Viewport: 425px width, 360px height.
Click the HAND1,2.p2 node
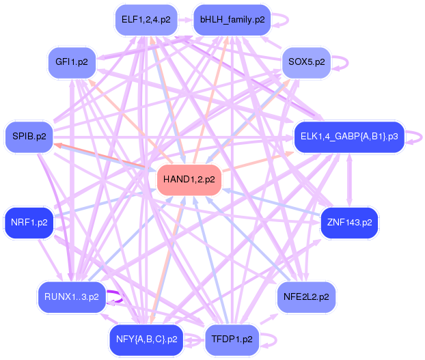click(x=189, y=180)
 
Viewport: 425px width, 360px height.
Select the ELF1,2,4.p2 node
click(x=146, y=20)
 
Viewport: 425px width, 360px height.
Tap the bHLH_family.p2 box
click(x=232, y=20)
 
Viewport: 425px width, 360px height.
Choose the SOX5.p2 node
click(x=305, y=62)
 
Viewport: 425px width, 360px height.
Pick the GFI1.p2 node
click(x=72, y=62)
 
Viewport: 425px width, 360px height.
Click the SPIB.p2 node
click(x=29, y=136)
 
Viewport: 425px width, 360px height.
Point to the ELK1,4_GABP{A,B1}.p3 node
click(x=349, y=137)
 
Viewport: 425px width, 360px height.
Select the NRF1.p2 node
click(x=29, y=223)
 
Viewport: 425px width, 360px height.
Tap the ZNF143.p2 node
click(x=349, y=223)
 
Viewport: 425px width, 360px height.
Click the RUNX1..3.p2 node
click(x=72, y=296)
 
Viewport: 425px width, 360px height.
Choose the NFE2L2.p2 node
click(x=305, y=296)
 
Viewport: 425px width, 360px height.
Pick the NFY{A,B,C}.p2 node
click(x=147, y=339)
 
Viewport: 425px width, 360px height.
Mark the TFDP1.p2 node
click(x=232, y=339)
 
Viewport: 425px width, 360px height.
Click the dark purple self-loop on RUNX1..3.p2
click(x=117, y=296)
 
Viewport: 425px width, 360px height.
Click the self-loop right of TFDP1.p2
click(x=271, y=339)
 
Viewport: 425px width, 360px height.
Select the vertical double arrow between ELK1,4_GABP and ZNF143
click(x=350, y=180)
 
